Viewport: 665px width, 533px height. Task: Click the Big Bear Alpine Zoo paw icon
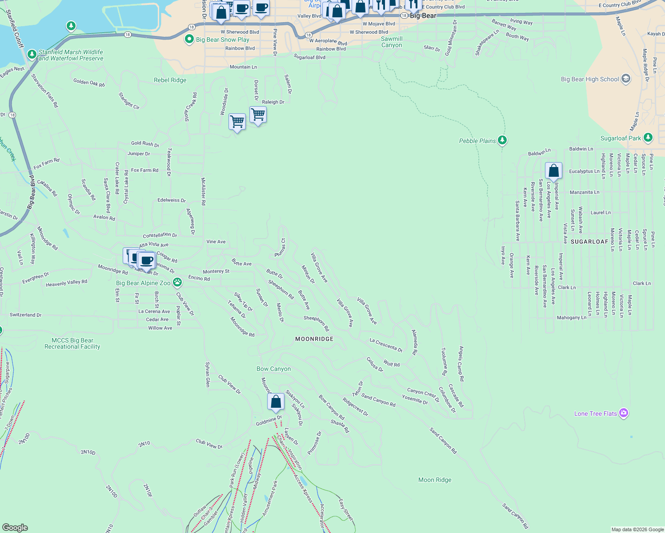(177, 282)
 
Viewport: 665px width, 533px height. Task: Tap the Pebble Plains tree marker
(502, 140)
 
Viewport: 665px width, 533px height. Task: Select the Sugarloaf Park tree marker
(648, 138)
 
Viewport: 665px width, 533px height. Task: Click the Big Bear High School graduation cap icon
(626, 79)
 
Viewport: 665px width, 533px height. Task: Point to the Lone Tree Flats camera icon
(624, 413)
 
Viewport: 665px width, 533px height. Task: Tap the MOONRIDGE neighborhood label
(314, 339)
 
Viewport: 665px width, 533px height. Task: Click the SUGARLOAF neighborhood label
(589, 242)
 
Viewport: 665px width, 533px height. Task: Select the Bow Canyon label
(273, 369)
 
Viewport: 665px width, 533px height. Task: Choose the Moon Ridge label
(435, 480)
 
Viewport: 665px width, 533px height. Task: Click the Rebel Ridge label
(170, 80)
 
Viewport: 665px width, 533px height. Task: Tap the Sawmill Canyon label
(392, 42)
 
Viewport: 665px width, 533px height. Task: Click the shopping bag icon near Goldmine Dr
(276, 401)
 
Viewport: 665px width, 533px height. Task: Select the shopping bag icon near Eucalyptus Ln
(553, 170)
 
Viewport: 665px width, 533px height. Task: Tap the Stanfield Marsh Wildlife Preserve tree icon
(32, 54)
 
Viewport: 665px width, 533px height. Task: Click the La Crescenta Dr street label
(386, 345)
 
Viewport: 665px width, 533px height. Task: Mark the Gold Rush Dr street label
(145, 143)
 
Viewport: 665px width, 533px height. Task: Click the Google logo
(15, 527)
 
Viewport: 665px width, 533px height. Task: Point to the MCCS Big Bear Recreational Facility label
(72, 343)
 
